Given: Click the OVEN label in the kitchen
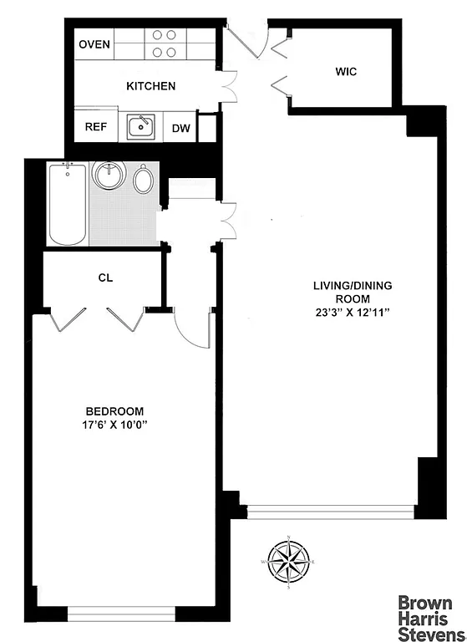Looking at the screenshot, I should point(94,44).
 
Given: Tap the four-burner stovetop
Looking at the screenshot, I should point(165,43).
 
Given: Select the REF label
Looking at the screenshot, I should point(94,128).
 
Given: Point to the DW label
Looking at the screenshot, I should point(180,128).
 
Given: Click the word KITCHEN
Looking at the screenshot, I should point(150,86).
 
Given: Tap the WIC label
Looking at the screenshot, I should point(345,71).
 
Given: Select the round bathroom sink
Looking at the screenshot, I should point(109,176).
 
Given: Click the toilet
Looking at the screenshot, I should point(143,179).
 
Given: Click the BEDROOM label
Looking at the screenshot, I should point(114,411).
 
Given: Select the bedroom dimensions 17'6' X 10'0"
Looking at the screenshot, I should point(114,425).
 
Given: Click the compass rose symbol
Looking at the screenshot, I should point(288,563).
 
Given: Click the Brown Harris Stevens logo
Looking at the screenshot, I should point(425,614).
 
